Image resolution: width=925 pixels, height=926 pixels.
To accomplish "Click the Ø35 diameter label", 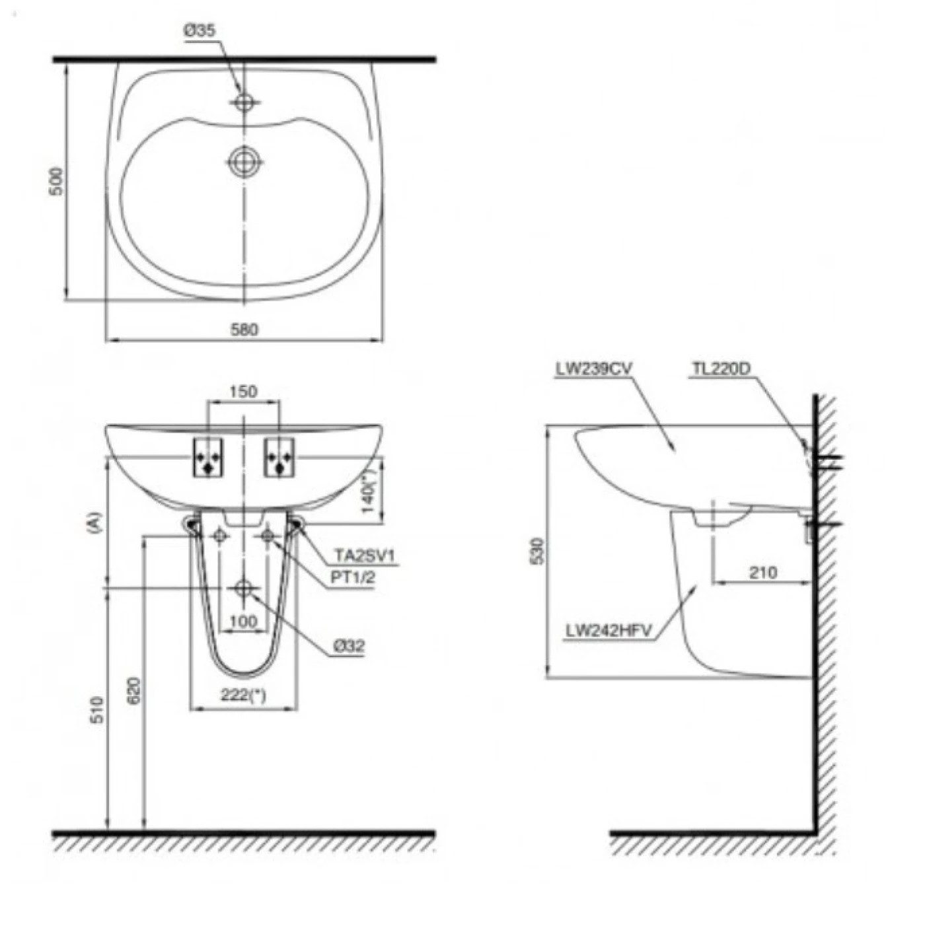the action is click(x=198, y=31).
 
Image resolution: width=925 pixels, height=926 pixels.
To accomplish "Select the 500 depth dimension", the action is click(x=57, y=181).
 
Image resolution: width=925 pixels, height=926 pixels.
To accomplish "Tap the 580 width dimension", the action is click(x=244, y=329).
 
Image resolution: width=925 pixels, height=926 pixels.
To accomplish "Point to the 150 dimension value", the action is click(x=243, y=392).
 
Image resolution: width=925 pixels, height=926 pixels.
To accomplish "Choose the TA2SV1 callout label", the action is click(x=365, y=556).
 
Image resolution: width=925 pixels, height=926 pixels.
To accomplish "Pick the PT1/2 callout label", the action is click(x=352, y=577).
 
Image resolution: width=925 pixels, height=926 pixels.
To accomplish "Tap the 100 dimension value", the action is click(x=244, y=622).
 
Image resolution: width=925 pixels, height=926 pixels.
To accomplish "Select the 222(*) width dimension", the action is click(x=243, y=695).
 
